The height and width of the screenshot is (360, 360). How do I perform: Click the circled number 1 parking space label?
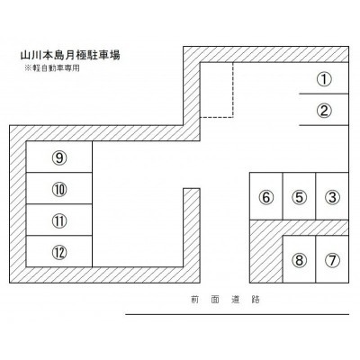(324, 79)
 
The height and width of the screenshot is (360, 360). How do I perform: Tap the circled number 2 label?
(324, 111)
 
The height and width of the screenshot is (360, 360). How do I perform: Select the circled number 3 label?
(332, 197)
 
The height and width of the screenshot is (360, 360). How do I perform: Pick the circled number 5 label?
(299, 197)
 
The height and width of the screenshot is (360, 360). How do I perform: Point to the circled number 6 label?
(266, 197)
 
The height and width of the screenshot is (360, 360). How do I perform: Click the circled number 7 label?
(332, 260)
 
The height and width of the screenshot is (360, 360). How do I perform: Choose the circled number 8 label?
(299, 260)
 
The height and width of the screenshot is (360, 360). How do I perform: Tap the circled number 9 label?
(59, 157)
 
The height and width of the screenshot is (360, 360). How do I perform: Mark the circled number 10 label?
(59, 189)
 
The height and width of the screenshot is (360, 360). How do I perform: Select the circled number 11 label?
(59, 220)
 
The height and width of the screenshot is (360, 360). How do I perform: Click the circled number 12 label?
(59, 252)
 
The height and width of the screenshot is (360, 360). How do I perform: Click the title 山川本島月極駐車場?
(70, 55)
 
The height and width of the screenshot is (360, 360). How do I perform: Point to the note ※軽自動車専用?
(52, 68)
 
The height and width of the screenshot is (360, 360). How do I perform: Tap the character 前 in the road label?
(194, 300)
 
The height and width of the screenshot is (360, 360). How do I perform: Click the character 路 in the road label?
(256, 300)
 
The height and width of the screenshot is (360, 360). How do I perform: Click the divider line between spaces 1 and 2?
(324, 94)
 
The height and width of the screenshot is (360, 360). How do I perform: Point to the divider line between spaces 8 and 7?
(316, 259)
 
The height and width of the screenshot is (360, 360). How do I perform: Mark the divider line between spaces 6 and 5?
(283, 196)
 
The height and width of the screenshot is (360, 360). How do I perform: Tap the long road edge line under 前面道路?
(238, 314)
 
